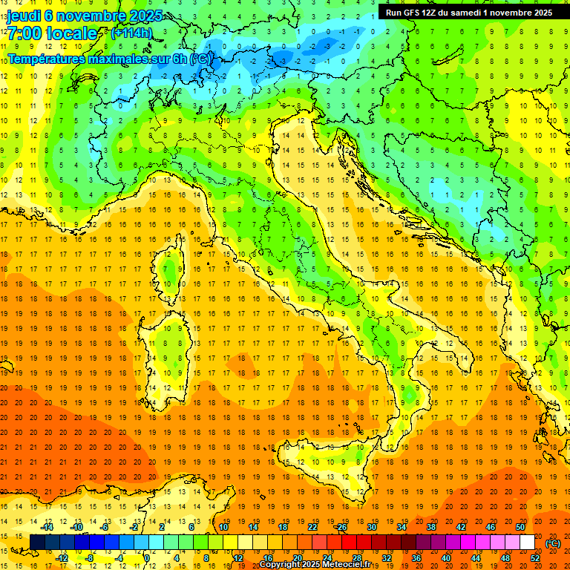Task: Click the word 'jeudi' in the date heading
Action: [24, 16]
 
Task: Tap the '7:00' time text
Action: [25, 34]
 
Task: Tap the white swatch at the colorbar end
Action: [527, 543]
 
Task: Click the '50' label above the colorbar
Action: [520, 527]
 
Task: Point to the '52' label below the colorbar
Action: [535, 558]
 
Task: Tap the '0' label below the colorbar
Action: [148, 558]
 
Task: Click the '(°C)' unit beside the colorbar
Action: [553, 543]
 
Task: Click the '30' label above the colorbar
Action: [372, 527]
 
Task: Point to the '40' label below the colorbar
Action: [446, 558]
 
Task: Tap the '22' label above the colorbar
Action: [312, 527]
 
